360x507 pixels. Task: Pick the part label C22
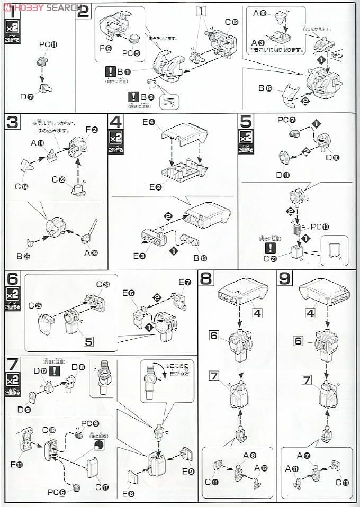coord(62,179)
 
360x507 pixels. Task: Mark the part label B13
coord(194,258)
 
